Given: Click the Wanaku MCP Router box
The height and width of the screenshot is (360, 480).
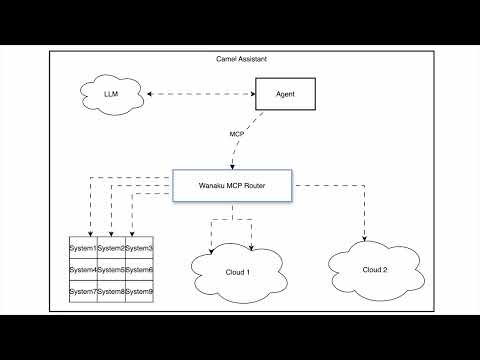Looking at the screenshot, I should coord(233,186).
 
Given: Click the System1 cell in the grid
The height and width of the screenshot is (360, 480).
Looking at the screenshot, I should coord(82,248).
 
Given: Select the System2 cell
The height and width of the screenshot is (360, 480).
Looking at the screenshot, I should coord(110,248).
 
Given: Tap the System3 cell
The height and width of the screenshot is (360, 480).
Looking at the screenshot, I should coord(139,248).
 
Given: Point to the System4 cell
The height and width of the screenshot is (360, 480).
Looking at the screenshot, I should coord(82,270).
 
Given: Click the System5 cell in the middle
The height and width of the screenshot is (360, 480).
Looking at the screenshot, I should coord(110,270).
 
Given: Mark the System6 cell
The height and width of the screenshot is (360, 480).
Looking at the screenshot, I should coord(139,270).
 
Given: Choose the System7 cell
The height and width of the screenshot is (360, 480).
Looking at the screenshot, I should coord(82,292).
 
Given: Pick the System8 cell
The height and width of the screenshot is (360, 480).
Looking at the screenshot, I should coord(110,292).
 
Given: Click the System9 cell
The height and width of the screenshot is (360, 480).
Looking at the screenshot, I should coord(139,292).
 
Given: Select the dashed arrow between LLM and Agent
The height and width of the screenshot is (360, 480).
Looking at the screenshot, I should coord(200,96).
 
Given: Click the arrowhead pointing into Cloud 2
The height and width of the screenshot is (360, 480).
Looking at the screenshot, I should coord(364,240).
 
